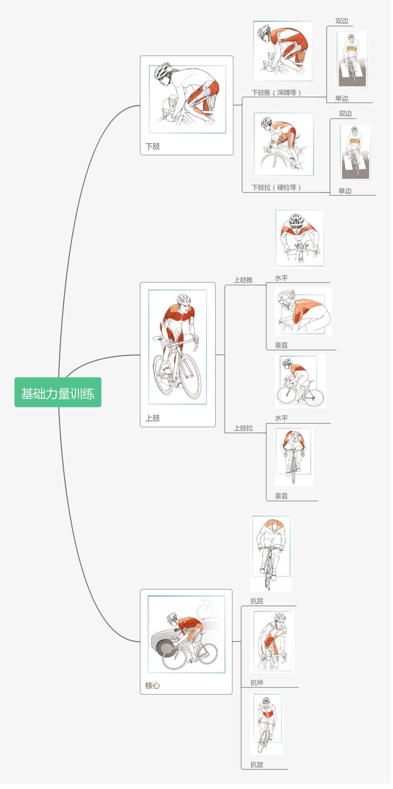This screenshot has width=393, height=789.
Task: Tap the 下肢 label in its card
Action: (152, 146)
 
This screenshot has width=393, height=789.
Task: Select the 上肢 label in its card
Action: (152, 418)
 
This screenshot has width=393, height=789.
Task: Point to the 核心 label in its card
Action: (152, 686)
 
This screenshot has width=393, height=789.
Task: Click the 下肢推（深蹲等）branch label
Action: (277, 93)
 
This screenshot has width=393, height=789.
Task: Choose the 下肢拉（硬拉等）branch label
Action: (277, 188)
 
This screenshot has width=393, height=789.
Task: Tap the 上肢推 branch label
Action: (243, 280)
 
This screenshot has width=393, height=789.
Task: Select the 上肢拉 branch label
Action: (243, 428)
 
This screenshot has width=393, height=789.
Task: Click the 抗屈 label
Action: (257, 601)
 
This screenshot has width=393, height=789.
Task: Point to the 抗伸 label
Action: (257, 683)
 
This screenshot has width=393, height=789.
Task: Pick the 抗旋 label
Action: (257, 765)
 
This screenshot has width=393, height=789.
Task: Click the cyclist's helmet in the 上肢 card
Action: (184, 299)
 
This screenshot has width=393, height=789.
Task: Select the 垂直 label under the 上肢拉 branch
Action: (281, 496)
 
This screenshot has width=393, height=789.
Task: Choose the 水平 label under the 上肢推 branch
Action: (281, 278)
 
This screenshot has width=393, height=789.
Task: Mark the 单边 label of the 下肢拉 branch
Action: (345, 191)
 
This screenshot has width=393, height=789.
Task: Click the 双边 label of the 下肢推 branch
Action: (342, 21)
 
